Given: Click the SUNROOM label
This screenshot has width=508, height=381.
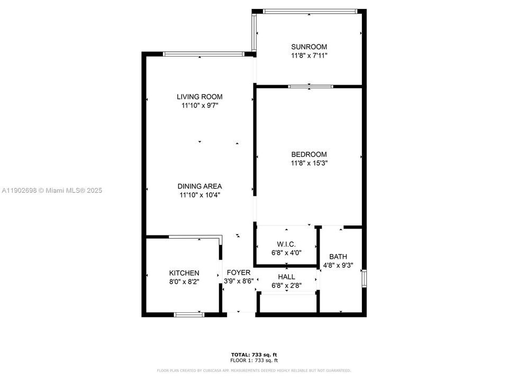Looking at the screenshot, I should tap(309, 47).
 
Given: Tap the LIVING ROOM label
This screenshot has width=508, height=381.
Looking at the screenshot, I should tap(199, 97).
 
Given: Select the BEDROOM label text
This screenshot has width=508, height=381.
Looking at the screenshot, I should tap(309, 155).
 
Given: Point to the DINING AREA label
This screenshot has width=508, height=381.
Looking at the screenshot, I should tap(199, 186).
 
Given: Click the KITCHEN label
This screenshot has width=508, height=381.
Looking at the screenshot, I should tap(184, 273).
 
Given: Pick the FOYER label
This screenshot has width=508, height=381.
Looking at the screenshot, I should tap(239, 273).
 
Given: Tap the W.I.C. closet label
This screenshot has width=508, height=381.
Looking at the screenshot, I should tap(286, 244).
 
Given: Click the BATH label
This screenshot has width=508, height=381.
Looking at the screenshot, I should tap(338, 257).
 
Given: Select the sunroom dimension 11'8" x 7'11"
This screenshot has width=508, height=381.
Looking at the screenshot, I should tap(309, 55).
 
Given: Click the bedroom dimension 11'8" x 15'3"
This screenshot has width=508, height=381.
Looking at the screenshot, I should tap(309, 164).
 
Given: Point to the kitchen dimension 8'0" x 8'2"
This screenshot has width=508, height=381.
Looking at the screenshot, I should tap(184, 282).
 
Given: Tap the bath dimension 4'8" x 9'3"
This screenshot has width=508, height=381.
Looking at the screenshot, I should tap(338, 266).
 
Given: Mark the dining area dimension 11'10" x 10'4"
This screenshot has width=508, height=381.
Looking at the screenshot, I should tap(199, 195).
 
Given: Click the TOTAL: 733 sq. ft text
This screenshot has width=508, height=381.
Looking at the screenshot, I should tap(254, 355).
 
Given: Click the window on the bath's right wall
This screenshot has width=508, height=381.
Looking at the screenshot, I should tap(364, 278).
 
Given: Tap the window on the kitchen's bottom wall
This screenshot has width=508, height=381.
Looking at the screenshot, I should tap(189, 315).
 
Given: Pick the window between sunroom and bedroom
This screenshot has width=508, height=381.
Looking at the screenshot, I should tap(311, 86).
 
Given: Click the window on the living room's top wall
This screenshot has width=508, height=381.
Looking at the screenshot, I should tap(203, 53).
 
